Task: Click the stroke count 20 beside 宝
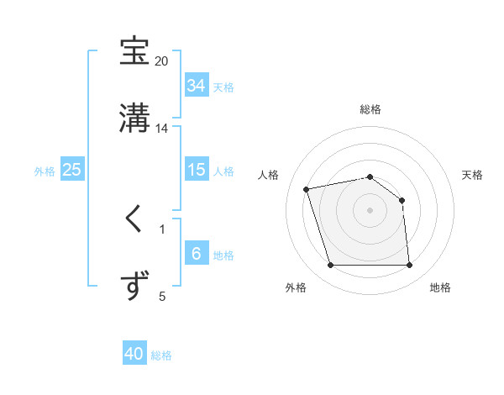pyautogui.click(x=161, y=61)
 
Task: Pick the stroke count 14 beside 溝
pyautogui.click(x=162, y=129)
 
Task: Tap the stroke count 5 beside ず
pyautogui.click(x=162, y=296)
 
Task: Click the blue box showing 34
pyautogui.click(x=196, y=86)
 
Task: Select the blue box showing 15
pyautogui.click(x=196, y=170)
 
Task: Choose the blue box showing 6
pyautogui.click(x=196, y=254)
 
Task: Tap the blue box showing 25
pyautogui.click(x=72, y=170)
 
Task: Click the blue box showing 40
pyautogui.click(x=134, y=354)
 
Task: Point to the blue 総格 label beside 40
pyautogui.click(x=161, y=355)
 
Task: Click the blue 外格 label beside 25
pyautogui.click(x=45, y=171)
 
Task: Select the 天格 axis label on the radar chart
pyautogui.click(x=472, y=175)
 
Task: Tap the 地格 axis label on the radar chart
pyautogui.click(x=440, y=287)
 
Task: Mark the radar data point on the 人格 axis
pyautogui.click(x=307, y=188)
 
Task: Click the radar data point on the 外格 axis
pyautogui.click(x=330, y=266)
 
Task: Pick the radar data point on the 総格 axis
pyautogui.click(x=370, y=176)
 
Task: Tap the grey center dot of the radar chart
pyautogui.click(x=370, y=210)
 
